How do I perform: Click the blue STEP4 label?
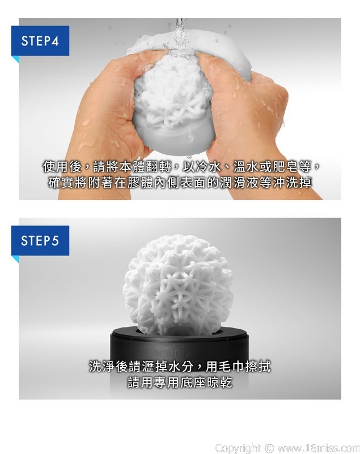(x=40, y=40)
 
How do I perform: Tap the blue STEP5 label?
(x=40, y=241)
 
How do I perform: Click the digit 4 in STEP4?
(x=55, y=41)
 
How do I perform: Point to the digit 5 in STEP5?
(x=55, y=241)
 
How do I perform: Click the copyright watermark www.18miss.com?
(x=319, y=448)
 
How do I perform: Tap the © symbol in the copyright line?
(x=269, y=448)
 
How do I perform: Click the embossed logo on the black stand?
(x=175, y=352)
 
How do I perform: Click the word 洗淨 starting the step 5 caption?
(x=102, y=367)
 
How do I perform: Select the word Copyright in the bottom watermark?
(x=238, y=448)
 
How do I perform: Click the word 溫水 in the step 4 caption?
(x=247, y=166)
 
